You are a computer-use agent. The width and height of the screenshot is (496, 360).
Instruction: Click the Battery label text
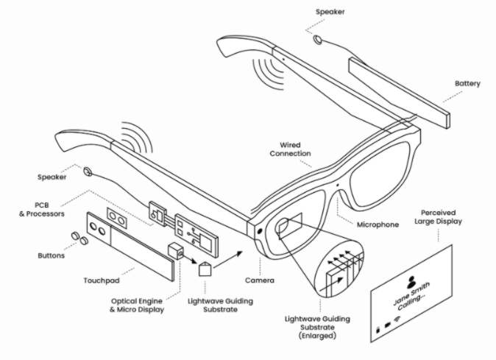[x=467, y=84]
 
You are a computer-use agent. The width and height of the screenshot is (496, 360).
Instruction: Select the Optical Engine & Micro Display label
[x=144, y=305]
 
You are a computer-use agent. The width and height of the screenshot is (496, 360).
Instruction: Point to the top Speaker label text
[x=330, y=12]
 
